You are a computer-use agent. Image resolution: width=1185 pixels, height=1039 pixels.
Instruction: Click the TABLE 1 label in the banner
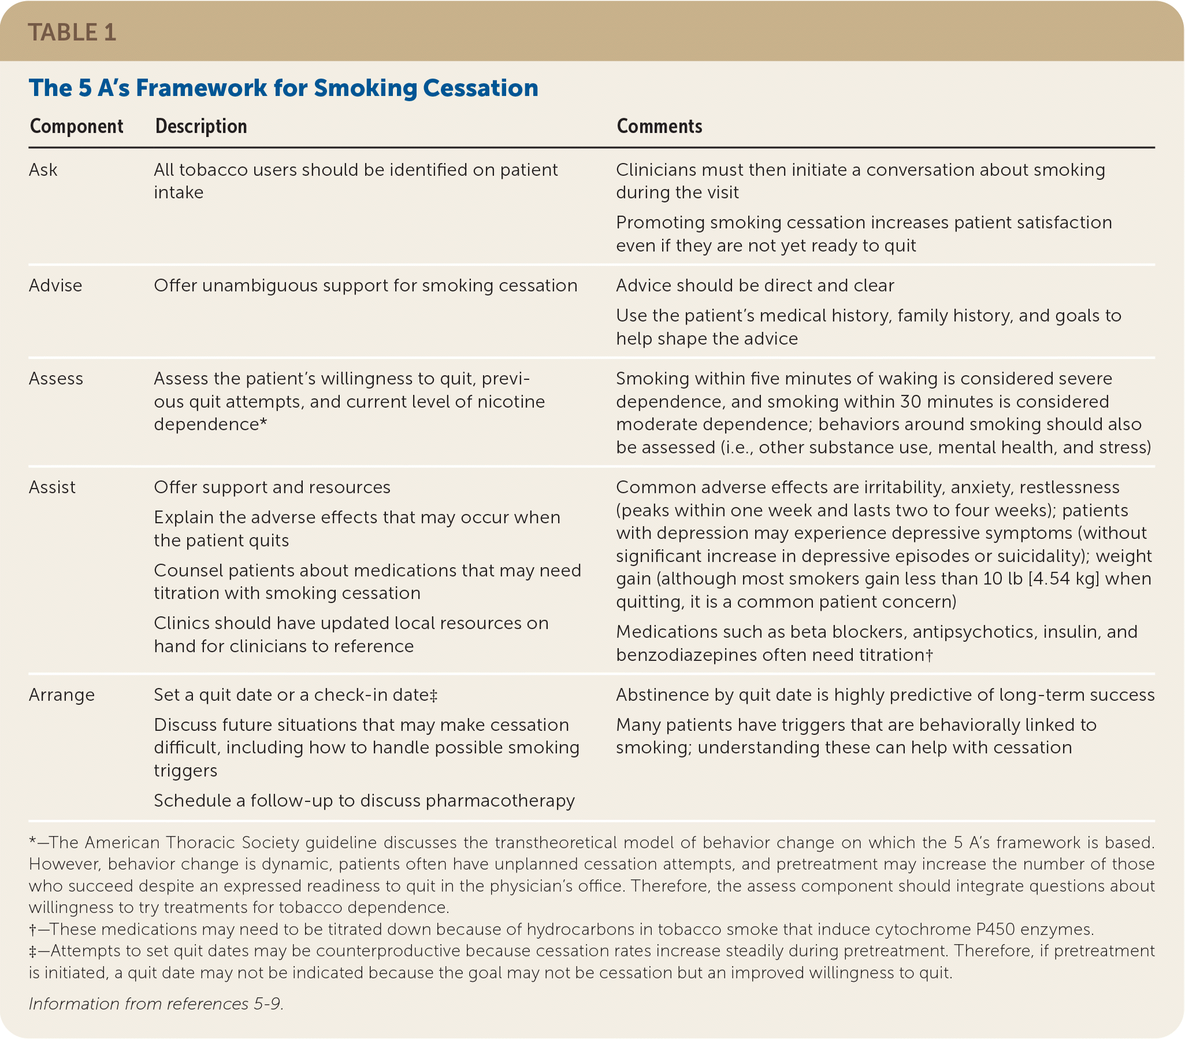pyautogui.click(x=72, y=32)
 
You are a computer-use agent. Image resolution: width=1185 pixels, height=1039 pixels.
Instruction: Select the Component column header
pyautogui.click(x=76, y=127)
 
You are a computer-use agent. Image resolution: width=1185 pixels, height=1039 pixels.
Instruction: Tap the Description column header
pyautogui.click(x=201, y=127)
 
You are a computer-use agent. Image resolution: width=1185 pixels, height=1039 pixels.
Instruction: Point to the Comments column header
pyautogui.click(x=659, y=127)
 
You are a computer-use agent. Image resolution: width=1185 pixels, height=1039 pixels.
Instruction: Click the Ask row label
pyautogui.click(x=43, y=170)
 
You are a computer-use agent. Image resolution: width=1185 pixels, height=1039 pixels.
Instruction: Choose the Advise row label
pyautogui.click(x=55, y=285)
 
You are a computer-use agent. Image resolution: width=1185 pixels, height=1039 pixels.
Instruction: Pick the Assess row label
pyautogui.click(x=56, y=379)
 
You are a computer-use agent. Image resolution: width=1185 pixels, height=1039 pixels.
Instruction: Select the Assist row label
pyautogui.click(x=52, y=487)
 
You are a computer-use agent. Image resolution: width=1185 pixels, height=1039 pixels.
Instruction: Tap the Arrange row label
pyautogui.click(x=62, y=694)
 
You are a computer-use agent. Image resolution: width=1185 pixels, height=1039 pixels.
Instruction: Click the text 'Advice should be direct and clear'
pyautogui.click(x=755, y=285)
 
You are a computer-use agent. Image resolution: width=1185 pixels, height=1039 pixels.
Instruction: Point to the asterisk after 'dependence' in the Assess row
pyautogui.click(x=263, y=423)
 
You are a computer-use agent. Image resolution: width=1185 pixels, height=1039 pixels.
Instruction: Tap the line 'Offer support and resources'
pyautogui.click(x=272, y=487)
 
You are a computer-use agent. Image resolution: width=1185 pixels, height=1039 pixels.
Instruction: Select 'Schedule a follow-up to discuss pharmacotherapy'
pyautogui.click(x=365, y=801)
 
